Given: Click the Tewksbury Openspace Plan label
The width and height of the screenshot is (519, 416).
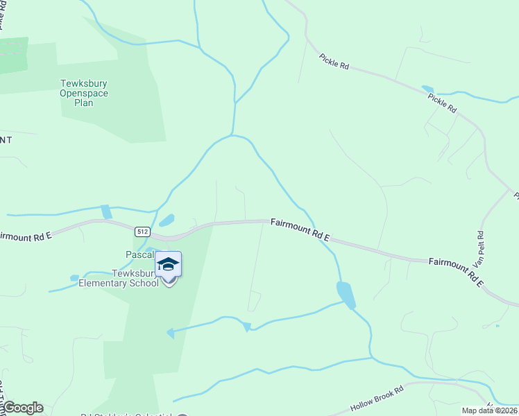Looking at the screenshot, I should (84, 94).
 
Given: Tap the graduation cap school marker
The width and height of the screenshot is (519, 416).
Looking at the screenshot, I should (168, 265).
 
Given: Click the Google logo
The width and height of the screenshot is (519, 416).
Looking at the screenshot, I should (22, 408).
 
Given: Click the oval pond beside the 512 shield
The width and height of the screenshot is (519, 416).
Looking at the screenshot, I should (167, 221).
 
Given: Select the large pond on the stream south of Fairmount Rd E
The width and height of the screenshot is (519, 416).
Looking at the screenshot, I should (346, 295).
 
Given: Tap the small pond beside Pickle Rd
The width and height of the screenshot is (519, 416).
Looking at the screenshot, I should (427, 89).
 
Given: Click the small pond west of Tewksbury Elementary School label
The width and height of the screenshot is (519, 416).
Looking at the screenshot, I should (75, 278).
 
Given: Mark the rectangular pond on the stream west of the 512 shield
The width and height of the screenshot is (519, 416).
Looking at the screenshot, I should (106, 211).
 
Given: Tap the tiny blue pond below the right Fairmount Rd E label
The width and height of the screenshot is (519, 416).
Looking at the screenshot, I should (497, 325).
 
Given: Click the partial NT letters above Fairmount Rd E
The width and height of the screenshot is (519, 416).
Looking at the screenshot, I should (6, 140).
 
